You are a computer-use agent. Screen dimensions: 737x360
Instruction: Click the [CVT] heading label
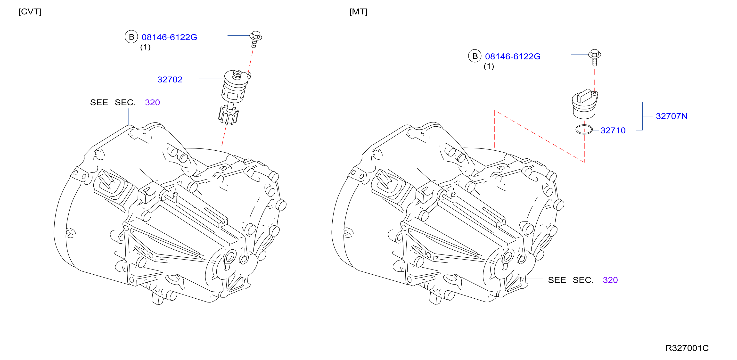click(x=30, y=12)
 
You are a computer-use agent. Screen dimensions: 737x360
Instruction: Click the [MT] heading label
click(x=358, y=12)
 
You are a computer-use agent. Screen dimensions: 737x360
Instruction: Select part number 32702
click(x=170, y=79)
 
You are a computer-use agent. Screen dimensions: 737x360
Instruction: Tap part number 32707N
click(x=671, y=116)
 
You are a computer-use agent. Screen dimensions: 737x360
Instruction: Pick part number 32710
click(x=613, y=130)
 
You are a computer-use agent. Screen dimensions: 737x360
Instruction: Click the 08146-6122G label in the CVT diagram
click(x=169, y=37)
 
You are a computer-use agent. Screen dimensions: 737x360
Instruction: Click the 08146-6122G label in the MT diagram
click(x=513, y=56)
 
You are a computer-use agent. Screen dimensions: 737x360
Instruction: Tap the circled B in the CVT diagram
click(x=131, y=37)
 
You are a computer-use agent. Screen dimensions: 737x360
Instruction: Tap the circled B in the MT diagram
click(x=475, y=56)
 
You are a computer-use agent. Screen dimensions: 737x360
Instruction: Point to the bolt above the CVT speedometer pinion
click(x=255, y=39)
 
